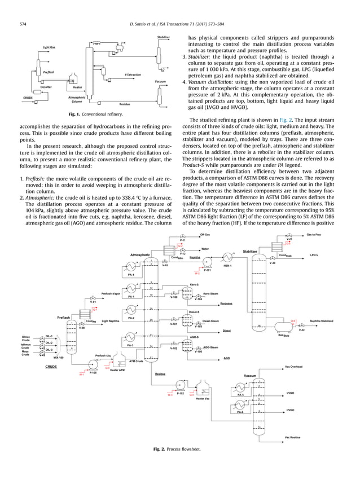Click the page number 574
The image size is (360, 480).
pyautogui.click(x=23, y=24)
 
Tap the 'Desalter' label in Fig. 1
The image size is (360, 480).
pyautogui.click(x=47, y=87)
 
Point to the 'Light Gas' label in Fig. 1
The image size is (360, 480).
pyautogui.click(x=49, y=48)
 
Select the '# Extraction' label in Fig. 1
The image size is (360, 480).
pyautogui.click(x=133, y=74)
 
